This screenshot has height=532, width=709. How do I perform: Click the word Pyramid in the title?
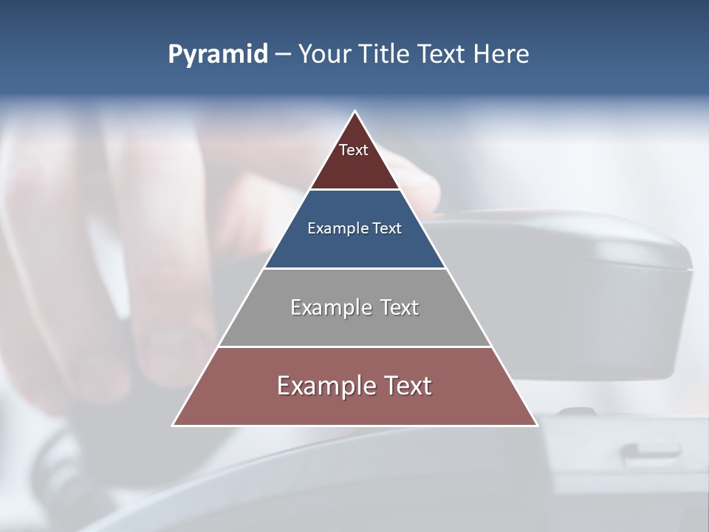pyautogui.click(x=217, y=55)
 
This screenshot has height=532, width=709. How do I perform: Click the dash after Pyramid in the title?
pyautogui.click(x=283, y=55)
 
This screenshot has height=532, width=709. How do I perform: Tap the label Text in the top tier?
pyautogui.click(x=354, y=150)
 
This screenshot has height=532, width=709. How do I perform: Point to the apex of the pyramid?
pyautogui.click(x=355, y=112)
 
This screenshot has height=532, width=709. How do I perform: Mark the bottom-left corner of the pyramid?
pyautogui.click(x=174, y=425)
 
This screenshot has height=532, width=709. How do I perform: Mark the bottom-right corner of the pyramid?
pyautogui.click(x=536, y=425)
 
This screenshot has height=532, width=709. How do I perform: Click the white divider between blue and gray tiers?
pyautogui.click(x=354, y=268)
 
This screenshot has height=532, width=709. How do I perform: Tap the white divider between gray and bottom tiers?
pyautogui.click(x=354, y=347)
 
